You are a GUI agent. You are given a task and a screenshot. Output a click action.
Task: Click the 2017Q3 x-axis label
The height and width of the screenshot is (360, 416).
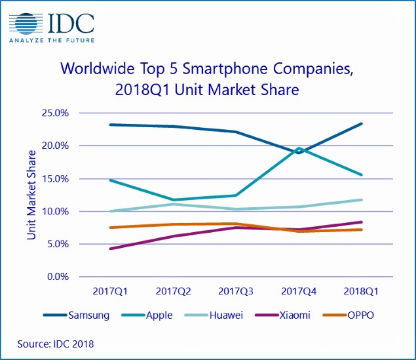(236, 289)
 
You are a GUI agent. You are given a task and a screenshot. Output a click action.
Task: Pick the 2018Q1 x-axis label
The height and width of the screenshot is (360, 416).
(361, 289)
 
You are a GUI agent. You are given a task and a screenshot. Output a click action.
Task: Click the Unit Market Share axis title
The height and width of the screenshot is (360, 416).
(31, 195)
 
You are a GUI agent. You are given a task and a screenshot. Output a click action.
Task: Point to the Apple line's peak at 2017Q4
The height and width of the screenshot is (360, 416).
(299, 148)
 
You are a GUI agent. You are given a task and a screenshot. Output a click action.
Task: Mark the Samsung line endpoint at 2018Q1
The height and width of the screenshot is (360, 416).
(362, 123)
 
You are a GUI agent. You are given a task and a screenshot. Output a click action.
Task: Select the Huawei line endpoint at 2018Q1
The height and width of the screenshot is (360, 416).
(362, 199)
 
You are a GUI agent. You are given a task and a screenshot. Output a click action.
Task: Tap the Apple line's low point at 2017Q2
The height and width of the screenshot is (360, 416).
(173, 200)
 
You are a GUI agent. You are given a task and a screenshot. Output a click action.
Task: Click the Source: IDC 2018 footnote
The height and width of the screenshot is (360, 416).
(56, 343)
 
